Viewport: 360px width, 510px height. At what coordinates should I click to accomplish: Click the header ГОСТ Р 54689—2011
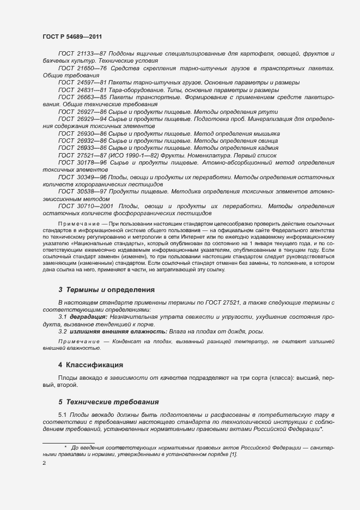click(x=72, y=37)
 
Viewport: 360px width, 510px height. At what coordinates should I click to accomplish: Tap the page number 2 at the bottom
click(x=44, y=463)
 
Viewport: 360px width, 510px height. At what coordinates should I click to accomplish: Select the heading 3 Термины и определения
click(x=106, y=289)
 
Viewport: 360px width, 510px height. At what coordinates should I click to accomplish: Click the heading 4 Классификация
click(x=91, y=365)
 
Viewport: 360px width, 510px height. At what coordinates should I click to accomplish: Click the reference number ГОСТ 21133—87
click(x=82, y=54)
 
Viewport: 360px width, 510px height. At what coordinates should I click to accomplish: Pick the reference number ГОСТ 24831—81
click(x=82, y=89)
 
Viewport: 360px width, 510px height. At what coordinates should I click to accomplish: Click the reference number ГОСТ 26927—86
click(x=82, y=111)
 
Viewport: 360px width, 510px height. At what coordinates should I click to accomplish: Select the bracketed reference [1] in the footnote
click(x=234, y=454)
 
